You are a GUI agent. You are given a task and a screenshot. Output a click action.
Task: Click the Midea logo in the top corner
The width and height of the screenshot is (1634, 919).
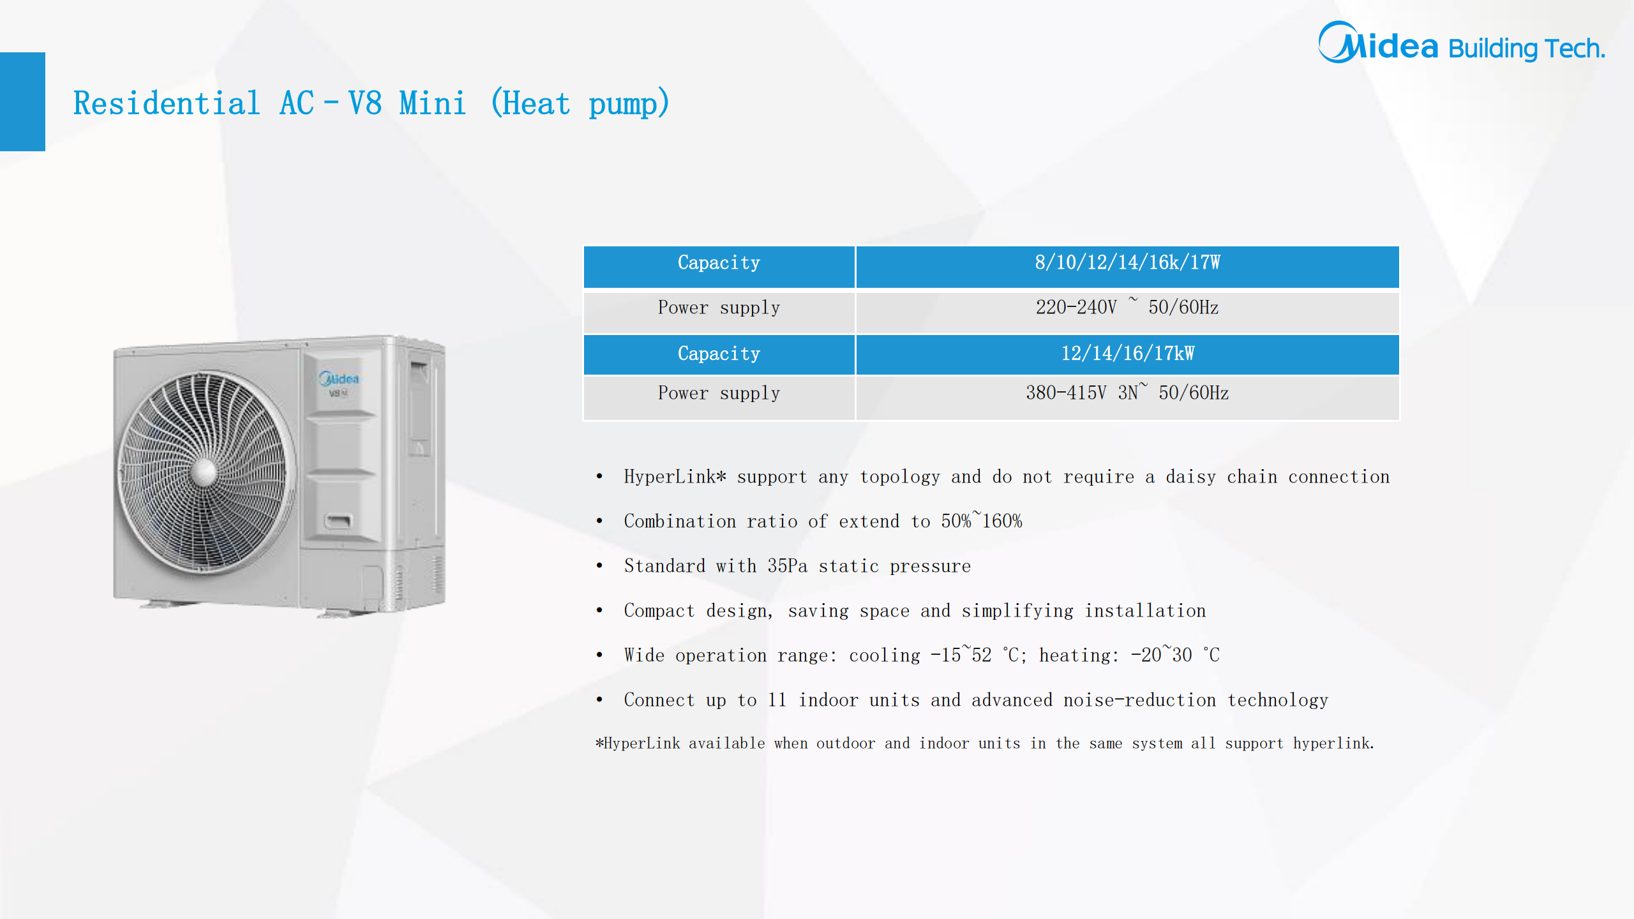point(1378,43)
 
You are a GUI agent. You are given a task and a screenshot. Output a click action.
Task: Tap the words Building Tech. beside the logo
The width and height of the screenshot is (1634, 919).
point(1527,49)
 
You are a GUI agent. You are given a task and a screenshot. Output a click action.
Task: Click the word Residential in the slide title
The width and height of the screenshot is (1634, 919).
point(167,103)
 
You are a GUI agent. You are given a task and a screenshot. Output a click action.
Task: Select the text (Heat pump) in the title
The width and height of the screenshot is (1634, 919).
point(580,103)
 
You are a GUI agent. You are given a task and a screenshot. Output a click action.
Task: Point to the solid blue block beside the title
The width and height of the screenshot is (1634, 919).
point(22,101)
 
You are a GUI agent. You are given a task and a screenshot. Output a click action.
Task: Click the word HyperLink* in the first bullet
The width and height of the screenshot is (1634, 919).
point(675,477)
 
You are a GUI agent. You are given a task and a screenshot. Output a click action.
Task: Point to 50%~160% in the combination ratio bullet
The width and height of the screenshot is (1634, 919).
point(982,521)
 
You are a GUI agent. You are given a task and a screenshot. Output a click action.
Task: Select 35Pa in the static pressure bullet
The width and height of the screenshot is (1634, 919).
point(787,566)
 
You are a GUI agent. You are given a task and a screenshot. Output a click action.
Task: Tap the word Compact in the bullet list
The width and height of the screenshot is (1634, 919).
point(659,611)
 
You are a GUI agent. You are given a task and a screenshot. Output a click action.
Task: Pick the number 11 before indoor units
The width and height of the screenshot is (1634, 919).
point(777,700)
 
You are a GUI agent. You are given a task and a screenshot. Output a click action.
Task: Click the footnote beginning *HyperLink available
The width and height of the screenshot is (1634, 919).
point(985,743)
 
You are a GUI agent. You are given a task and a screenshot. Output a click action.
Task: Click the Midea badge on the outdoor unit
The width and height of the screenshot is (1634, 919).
point(339,379)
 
